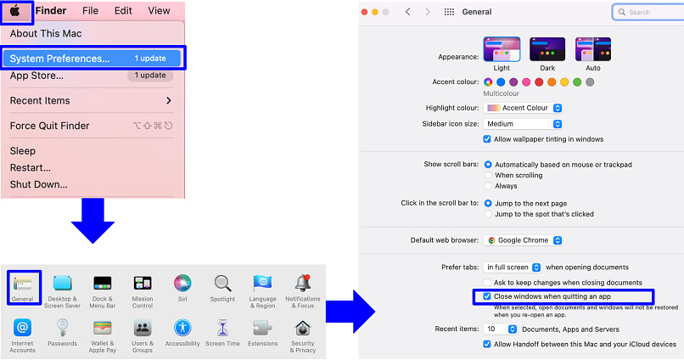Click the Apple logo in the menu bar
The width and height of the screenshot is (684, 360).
click(x=15, y=11)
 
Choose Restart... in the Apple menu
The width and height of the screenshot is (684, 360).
click(x=30, y=167)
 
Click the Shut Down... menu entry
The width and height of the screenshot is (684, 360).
click(x=38, y=184)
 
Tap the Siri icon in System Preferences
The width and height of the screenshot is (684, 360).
click(x=182, y=283)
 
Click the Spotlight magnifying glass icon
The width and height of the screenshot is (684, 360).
click(x=222, y=284)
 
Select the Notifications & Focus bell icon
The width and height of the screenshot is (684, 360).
click(x=303, y=284)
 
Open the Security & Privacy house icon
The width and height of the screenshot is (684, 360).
click(x=303, y=328)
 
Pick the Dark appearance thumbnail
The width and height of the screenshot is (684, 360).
click(x=547, y=49)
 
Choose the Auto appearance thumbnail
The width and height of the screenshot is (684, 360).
click(x=593, y=49)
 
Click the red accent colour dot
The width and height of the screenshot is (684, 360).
click(x=539, y=82)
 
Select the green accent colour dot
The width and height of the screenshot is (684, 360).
click(x=577, y=82)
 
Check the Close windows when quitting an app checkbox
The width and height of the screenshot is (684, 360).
click(x=487, y=296)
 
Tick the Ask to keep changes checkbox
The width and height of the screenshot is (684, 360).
click(x=487, y=283)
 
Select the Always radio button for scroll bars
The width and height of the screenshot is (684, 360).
click(x=488, y=186)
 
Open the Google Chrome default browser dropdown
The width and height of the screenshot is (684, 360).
click(x=523, y=240)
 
